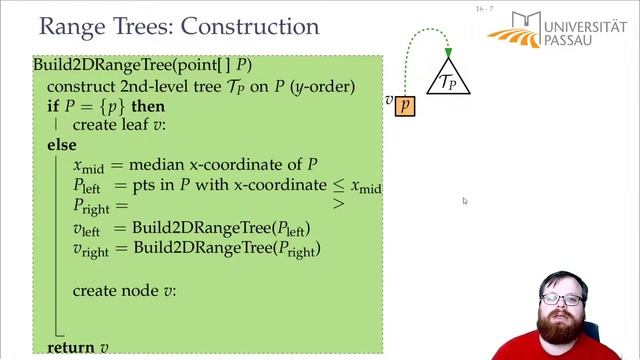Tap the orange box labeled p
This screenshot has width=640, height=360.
[404, 104]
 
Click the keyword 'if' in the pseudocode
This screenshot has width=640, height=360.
[53, 106]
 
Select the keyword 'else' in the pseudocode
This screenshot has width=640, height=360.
[61, 145]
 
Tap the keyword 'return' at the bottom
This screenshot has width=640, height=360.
[70, 347]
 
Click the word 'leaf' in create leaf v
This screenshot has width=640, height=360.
[135, 126]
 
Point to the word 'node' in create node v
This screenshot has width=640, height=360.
[140, 291]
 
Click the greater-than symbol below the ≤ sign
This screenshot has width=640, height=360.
[338, 203]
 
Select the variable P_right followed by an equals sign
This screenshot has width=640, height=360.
[95, 207]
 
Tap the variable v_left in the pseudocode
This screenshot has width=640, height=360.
[93, 228]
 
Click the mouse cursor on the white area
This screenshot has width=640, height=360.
[465, 201]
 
